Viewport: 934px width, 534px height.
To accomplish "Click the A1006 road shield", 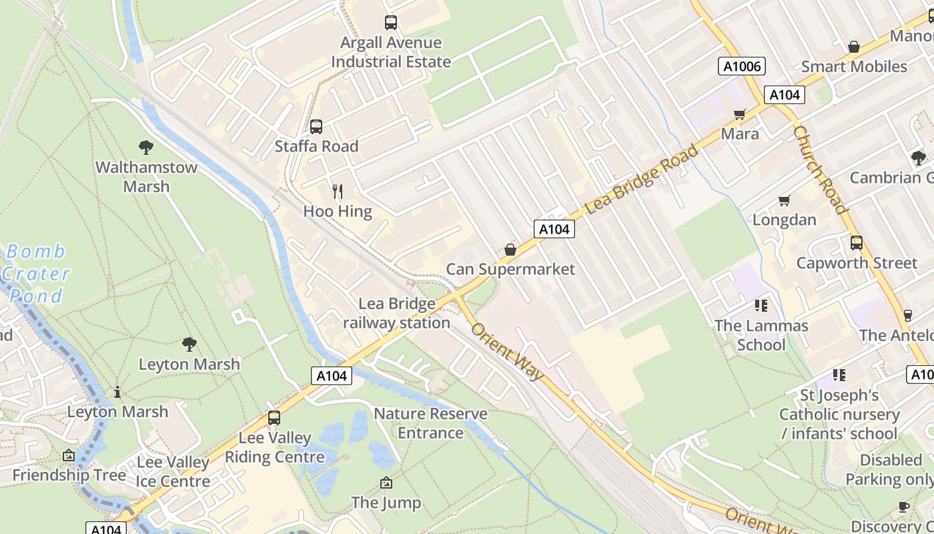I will [x=742, y=66].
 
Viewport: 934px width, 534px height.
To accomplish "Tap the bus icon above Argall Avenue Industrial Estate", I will [x=391, y=23].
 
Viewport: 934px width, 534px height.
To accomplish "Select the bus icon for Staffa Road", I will [x=316, y=126].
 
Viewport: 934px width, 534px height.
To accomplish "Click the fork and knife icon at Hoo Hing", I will [x=338, y=192].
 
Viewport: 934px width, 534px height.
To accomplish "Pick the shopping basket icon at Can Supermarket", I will [x=510, y=250].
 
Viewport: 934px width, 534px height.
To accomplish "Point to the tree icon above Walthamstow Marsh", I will [x=146, y=147].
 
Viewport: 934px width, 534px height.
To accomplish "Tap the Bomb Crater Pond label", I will [x=36, y=273].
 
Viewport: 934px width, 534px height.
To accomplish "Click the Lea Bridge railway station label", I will [x=396, y=313].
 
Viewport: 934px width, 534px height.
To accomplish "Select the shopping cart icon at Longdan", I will [x=785, y=200].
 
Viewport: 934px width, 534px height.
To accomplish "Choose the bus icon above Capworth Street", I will [x=857, y=243].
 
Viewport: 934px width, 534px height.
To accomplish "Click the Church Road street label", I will [x=821, y=170].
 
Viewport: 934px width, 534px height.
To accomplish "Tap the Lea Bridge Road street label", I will [x=642, y=178].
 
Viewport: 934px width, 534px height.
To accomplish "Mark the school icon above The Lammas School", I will [x=761, y=306].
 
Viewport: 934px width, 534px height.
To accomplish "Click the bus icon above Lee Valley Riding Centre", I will [x=274, y=418].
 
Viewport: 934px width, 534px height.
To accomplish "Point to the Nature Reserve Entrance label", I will [x=430, y=423].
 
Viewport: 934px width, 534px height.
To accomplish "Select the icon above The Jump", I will [x=386, y=483].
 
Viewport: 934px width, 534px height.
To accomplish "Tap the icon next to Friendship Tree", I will [x=69, y=455].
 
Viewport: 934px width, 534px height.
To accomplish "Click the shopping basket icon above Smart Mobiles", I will [x=853, y=47].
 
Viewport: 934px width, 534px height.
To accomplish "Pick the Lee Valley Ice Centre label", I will [x=173, y=471].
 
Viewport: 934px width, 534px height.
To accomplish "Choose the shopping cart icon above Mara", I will [x=739, y=115].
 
